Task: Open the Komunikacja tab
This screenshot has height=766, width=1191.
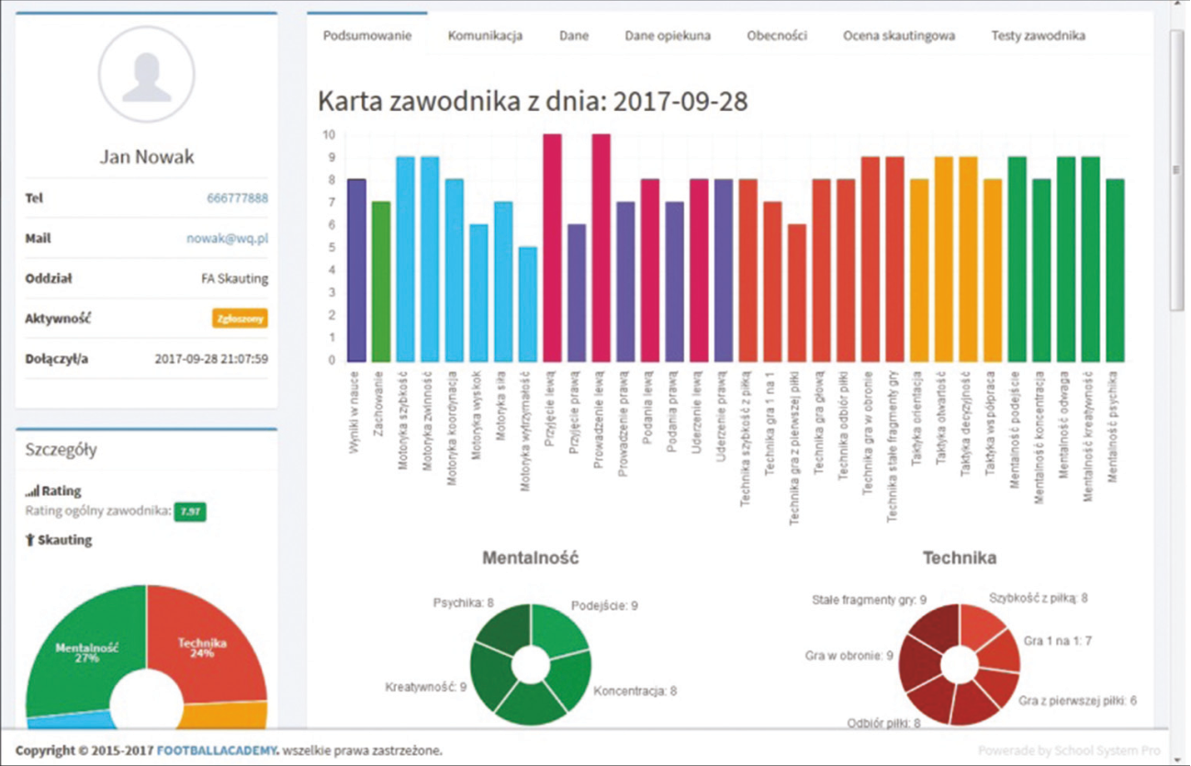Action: pyautogui.click(x=485, y=36)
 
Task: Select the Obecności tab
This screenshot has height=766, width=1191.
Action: pyautogui.click(x=777, y=36)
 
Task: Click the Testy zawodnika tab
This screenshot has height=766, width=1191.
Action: pyautogui.click(x=1038, y=36)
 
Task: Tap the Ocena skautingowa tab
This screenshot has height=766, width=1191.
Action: pyautogui.click(x=899, y=36)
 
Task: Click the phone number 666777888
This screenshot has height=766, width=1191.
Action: pyautogui.click(x=237, y=198)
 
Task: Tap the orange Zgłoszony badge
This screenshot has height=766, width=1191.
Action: pyautogui.click(x=240, y=319)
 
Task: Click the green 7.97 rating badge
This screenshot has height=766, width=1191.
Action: pyautogui.click(x=191, y=512)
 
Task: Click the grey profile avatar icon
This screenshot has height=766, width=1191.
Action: pyautogui.click(x=147, y=75)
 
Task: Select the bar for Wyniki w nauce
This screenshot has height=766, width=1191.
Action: pyautogui.click(x=357, y=270)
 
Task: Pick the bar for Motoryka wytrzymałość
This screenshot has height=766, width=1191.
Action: pyautogui.click(x=528, y=303)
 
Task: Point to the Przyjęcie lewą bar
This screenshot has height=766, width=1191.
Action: pyautogui.click(x=553, y=248)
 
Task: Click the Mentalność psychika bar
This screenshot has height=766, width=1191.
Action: pyautogui.click(x=1114, y=270)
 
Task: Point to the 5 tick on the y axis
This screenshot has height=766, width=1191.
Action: pyautogui.click(x=329, y=248)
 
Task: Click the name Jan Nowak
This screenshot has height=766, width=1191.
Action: pyautogui.click(x=147, y=157)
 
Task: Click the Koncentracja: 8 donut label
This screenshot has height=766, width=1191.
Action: pyautogui.click(x=635, y=691)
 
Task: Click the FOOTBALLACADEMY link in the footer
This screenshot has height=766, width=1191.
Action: pyautogui.click(x=218, y=749)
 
